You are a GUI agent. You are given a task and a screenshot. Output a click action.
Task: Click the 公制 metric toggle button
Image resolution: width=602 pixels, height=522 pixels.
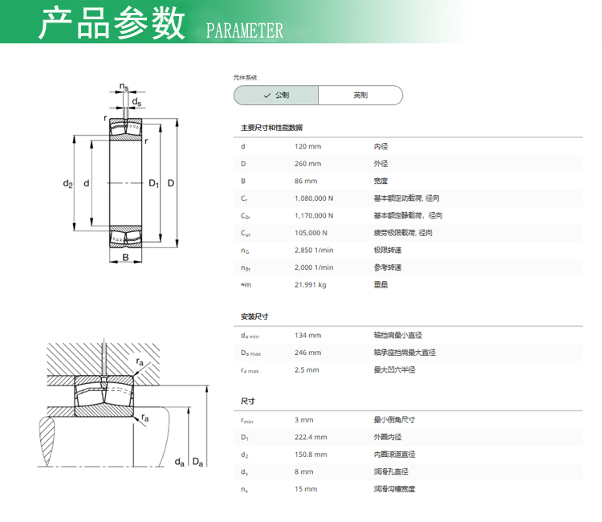point(276,96)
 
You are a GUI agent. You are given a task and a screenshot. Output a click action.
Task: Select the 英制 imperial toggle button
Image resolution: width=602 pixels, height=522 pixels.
point(360,96)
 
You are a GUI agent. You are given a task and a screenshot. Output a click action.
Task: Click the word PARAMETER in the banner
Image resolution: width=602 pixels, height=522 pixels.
point(245,31)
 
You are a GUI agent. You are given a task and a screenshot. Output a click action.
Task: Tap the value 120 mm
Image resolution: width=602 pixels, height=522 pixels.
point(307,146)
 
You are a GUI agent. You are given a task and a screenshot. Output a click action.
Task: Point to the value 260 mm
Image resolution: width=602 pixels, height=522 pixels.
point(307,164)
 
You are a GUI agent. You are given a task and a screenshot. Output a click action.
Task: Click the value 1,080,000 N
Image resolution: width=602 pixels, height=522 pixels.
point(314,198)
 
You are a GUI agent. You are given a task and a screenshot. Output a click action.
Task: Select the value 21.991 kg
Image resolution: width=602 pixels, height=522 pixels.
point(310,284)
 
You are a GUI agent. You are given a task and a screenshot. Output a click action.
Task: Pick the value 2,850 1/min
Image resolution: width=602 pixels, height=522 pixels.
point(314,250)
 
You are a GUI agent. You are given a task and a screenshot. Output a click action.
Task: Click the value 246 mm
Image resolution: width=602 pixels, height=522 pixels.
point(307,353)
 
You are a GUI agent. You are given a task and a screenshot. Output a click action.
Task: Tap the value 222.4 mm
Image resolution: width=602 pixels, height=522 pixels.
point(311,437)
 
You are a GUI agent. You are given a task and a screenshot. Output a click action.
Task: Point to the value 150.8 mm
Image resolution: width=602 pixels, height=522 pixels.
point(311,455)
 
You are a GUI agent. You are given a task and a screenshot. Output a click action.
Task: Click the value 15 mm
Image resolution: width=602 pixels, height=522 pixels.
point(306,489)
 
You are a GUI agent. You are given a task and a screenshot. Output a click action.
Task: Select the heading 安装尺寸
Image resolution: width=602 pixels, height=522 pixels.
point(254,316)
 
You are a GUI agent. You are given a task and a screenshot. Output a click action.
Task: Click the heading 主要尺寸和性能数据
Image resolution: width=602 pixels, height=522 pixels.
point(271,128)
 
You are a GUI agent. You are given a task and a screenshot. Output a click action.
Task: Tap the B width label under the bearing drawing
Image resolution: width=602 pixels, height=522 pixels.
point(125,257)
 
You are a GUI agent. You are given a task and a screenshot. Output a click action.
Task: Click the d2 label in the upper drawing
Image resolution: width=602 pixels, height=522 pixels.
point(67,184)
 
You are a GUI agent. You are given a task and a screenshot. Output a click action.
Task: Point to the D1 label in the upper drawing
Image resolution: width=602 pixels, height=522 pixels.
point(153,184)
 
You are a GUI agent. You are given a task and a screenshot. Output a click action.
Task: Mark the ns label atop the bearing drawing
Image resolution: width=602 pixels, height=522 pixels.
point(124,87)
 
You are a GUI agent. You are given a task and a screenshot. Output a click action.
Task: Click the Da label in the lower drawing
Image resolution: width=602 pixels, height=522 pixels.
point(197,462)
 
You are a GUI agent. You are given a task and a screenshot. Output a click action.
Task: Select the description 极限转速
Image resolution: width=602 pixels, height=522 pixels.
point(388,250)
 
